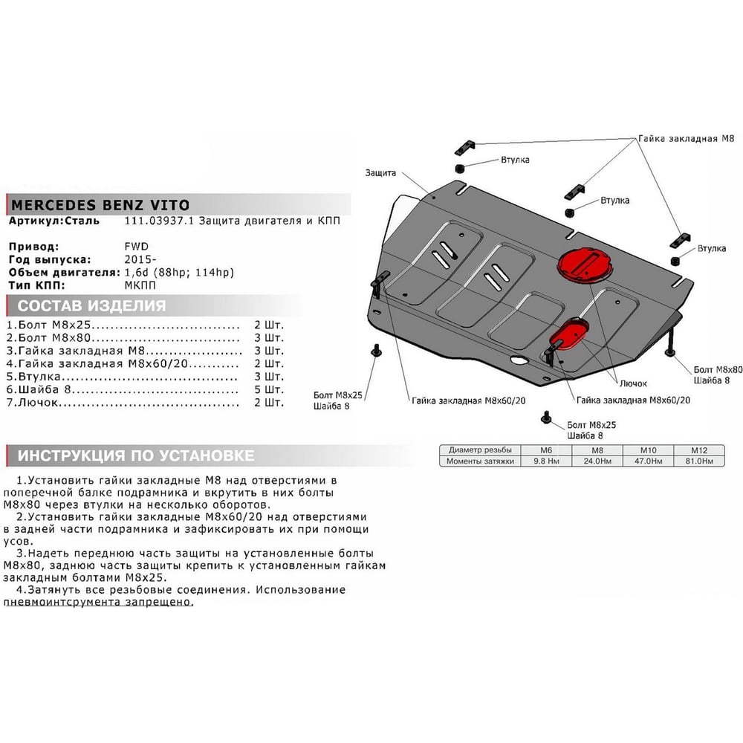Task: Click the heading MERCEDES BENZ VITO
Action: coord(100,205)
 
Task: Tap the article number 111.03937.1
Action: coord(159,221)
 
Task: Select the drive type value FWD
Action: coord(137,247)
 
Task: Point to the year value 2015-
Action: coord(140,259)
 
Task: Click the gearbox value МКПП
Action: coord(140,285)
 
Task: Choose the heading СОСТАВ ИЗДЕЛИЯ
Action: coord(91,305)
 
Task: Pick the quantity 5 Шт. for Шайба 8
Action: coord(269,389)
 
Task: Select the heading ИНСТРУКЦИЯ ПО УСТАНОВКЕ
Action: coord(136,455)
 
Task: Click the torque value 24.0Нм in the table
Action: coord(597,461)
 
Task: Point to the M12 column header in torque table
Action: coord(698,450)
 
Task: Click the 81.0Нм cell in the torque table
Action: coord(698,461)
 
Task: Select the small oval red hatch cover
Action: coord(569,334)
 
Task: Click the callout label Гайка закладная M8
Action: coord(686,138)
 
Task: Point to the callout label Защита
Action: coord(380,173)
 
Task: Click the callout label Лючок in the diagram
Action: coord(633,383)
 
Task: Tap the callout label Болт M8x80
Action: coord(718,369)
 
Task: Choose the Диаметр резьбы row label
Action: coord(480,450)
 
